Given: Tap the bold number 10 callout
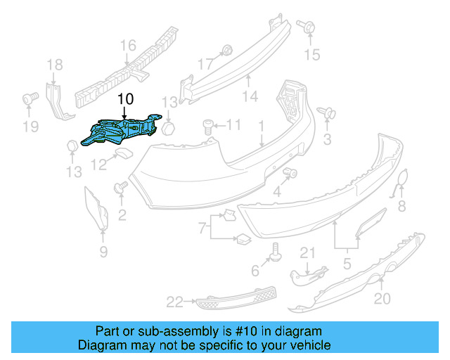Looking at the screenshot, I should (x=124, y=100).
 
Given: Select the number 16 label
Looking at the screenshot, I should (x=127, y=46).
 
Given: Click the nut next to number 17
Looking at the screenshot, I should (x=226, y=50).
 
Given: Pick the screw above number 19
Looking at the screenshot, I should (x=30, y=98).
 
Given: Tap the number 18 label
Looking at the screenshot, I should (x=55, y=66).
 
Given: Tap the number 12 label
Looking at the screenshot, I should (x=98, y=166).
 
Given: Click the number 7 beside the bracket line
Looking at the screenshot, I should (x=202, y=229).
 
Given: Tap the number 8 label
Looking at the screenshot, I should (x=402, y=206).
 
